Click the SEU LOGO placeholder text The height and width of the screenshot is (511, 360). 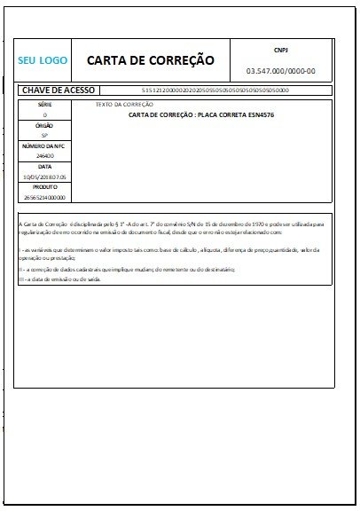point(43,61)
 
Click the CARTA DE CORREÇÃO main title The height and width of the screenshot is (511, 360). point(151,60)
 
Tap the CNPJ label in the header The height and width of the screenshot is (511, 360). point(281,51)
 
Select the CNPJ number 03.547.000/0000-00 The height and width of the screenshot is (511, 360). point(281,70)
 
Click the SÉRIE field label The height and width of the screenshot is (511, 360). point(45,104)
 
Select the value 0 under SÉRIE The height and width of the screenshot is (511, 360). point(45,115)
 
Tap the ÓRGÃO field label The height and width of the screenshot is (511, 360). point(45,126)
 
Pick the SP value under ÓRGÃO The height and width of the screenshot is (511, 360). point(45,136)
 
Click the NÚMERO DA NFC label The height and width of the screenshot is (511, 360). point(45,145)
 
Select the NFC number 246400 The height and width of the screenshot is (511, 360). point(45,155)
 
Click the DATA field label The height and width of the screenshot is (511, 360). point(45,166)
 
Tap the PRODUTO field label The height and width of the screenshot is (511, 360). point(45,186)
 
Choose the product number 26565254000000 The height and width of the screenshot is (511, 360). point(45,196)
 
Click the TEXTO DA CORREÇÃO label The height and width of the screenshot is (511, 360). point(123,105)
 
